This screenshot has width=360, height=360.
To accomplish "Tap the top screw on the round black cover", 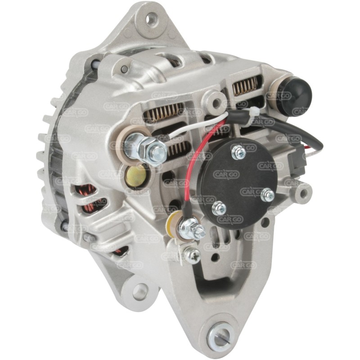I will [238, 153].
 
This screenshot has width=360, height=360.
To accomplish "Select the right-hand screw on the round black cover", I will [267, 195].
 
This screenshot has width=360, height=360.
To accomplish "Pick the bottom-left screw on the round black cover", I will [219, 208].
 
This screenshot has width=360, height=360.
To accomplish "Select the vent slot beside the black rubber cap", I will [247, 85].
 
